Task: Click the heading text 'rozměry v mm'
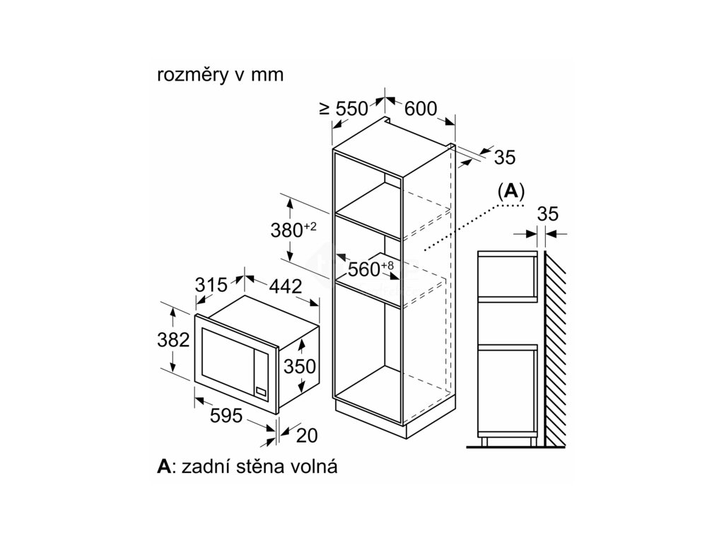(220, 76)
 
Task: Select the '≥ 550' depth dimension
(344, 108)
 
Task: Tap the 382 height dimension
(173, 340)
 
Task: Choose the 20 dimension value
(305, 436)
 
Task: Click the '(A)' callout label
(510, 191)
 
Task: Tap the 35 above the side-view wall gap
(548, 214)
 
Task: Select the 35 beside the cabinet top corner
(504, 157)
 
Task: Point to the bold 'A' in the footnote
(164, 467)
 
